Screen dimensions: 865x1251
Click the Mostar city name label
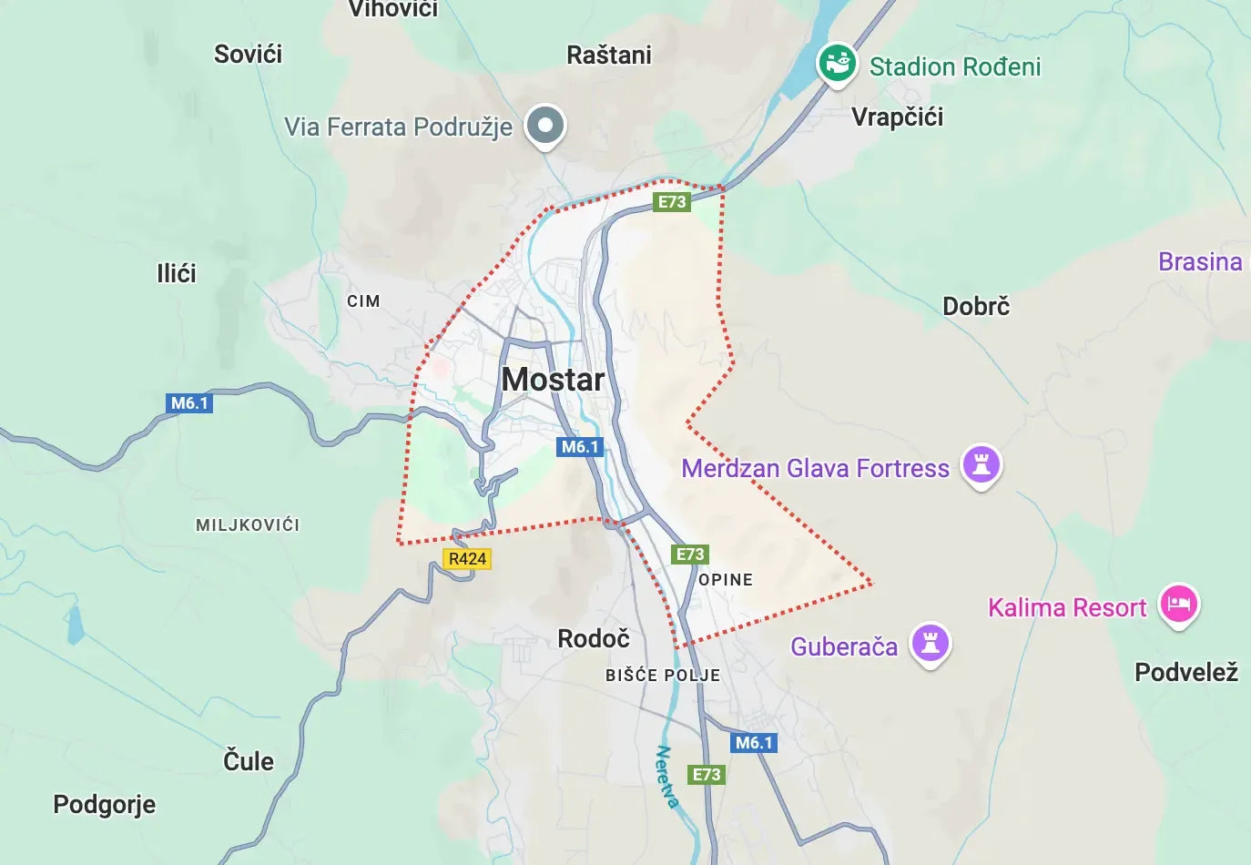(x=553, y=379)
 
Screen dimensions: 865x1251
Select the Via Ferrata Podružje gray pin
(x=545, y=125)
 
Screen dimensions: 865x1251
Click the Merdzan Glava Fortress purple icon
(x=981, y=464)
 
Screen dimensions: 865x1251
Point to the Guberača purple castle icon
(x=930, y=643)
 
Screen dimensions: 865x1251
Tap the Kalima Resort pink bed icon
(x=1179, y=603)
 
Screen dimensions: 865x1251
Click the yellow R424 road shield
(x=467, y=559)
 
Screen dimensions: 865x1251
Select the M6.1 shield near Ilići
(x=189, y=403)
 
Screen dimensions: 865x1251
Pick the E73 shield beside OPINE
(x=689, y=555)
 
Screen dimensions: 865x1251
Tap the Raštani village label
(x=609, y=56)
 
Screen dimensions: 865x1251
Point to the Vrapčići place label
(x=897, y=117)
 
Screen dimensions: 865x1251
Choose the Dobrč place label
(x=976, y=306)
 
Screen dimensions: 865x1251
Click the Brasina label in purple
(x=1199, y=262)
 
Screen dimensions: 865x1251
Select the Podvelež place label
(x=1185, y=673)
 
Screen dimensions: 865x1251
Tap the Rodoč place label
(x=594, y=638)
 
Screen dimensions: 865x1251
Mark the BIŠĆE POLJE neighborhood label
(x=663, y=676)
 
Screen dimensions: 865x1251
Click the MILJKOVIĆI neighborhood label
(x=248, y=525)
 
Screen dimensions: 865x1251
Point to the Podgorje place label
(x=104, y=805)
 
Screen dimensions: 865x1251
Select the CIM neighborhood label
(x=363, y=301)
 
